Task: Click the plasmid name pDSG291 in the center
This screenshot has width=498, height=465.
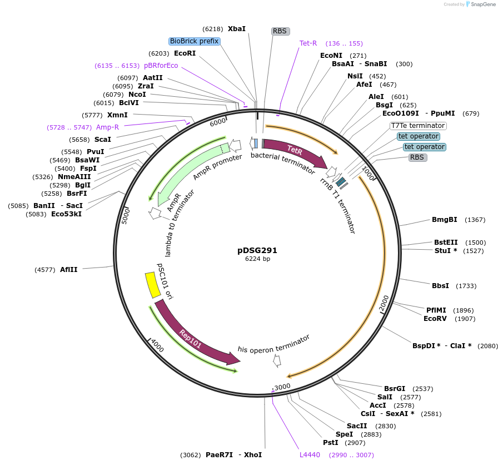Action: (257, 250)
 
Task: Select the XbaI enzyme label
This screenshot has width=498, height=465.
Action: (236, 28)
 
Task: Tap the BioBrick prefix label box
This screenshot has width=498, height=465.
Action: (195, 41)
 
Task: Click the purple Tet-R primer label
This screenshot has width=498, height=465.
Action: (308, 43)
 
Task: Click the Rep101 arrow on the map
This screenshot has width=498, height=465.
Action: (192, 337)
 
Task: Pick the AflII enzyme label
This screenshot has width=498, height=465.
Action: (69, 270)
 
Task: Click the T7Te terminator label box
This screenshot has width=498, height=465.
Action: (418, 126)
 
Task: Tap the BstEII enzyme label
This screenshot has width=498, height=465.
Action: (446, 243)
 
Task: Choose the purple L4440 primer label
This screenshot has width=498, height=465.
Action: (310, 454)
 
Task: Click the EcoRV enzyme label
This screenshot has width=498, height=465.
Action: (435, 319)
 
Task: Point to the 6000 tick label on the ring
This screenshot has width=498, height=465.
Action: (217, 122)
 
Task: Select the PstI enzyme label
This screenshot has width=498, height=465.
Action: (331, 443)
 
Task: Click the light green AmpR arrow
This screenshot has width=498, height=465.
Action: (186, 172)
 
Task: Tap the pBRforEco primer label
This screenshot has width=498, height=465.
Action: (161, 65)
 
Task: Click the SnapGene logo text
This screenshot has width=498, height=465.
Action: (482, 4)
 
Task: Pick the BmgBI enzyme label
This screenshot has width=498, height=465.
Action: (445, 220)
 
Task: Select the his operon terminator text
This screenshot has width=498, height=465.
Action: (273, 344)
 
